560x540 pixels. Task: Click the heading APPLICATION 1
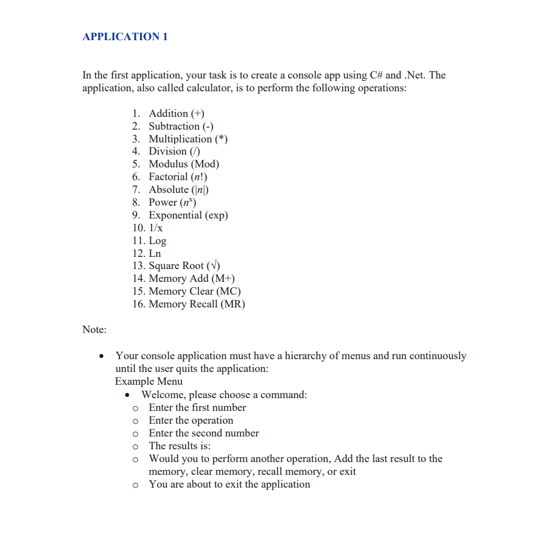[125, 37]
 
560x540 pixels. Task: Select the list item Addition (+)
[177, 113]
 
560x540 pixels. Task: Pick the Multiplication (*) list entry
[188, 139]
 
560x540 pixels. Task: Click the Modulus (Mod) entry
[184, 164]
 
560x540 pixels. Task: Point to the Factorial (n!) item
[178, 177]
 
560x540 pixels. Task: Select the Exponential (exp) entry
[188, 215]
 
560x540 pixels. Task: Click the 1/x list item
[156, 228]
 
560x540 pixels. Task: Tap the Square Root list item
[184, 265]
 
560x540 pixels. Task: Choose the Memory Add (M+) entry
[192, 278]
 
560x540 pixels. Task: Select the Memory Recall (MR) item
[197, 304]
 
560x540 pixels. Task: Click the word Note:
[94, 329]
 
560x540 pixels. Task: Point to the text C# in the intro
[376, 75]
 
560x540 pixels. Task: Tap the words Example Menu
[149, 381]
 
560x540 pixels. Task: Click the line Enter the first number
[197, 407]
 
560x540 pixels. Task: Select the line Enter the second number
[204, 433]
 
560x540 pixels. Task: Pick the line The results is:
[180, 446]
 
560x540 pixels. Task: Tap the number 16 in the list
[138, 304]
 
